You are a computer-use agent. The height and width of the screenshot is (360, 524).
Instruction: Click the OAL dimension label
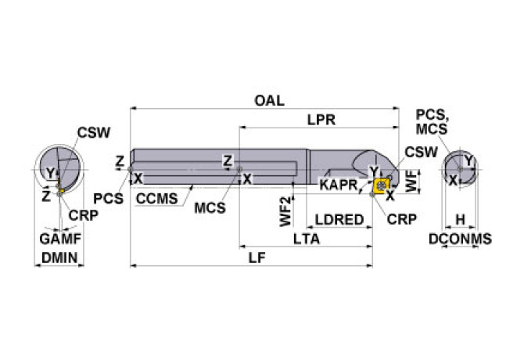[269, 100]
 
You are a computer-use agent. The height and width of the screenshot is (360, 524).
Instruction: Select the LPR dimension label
[321, 121]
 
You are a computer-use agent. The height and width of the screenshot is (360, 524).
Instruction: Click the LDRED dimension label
[339, 220]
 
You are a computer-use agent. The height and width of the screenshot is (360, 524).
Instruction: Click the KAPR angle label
[338, 185]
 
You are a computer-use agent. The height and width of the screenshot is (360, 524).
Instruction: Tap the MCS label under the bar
[210, 208]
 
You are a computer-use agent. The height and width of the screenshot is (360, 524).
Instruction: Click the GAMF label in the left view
[60, 238]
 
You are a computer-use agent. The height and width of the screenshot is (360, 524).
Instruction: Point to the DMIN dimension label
[60, 257]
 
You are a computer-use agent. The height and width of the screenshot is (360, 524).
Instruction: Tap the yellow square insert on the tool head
[382, 185]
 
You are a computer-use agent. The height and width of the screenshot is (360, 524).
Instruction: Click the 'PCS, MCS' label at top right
[432, 122]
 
